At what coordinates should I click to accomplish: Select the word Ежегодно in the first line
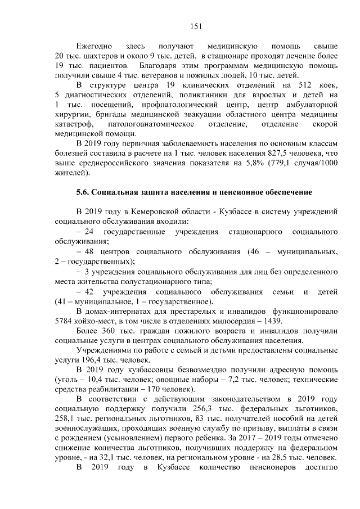[94, 44]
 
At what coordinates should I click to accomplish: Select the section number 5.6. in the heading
[83, 192]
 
